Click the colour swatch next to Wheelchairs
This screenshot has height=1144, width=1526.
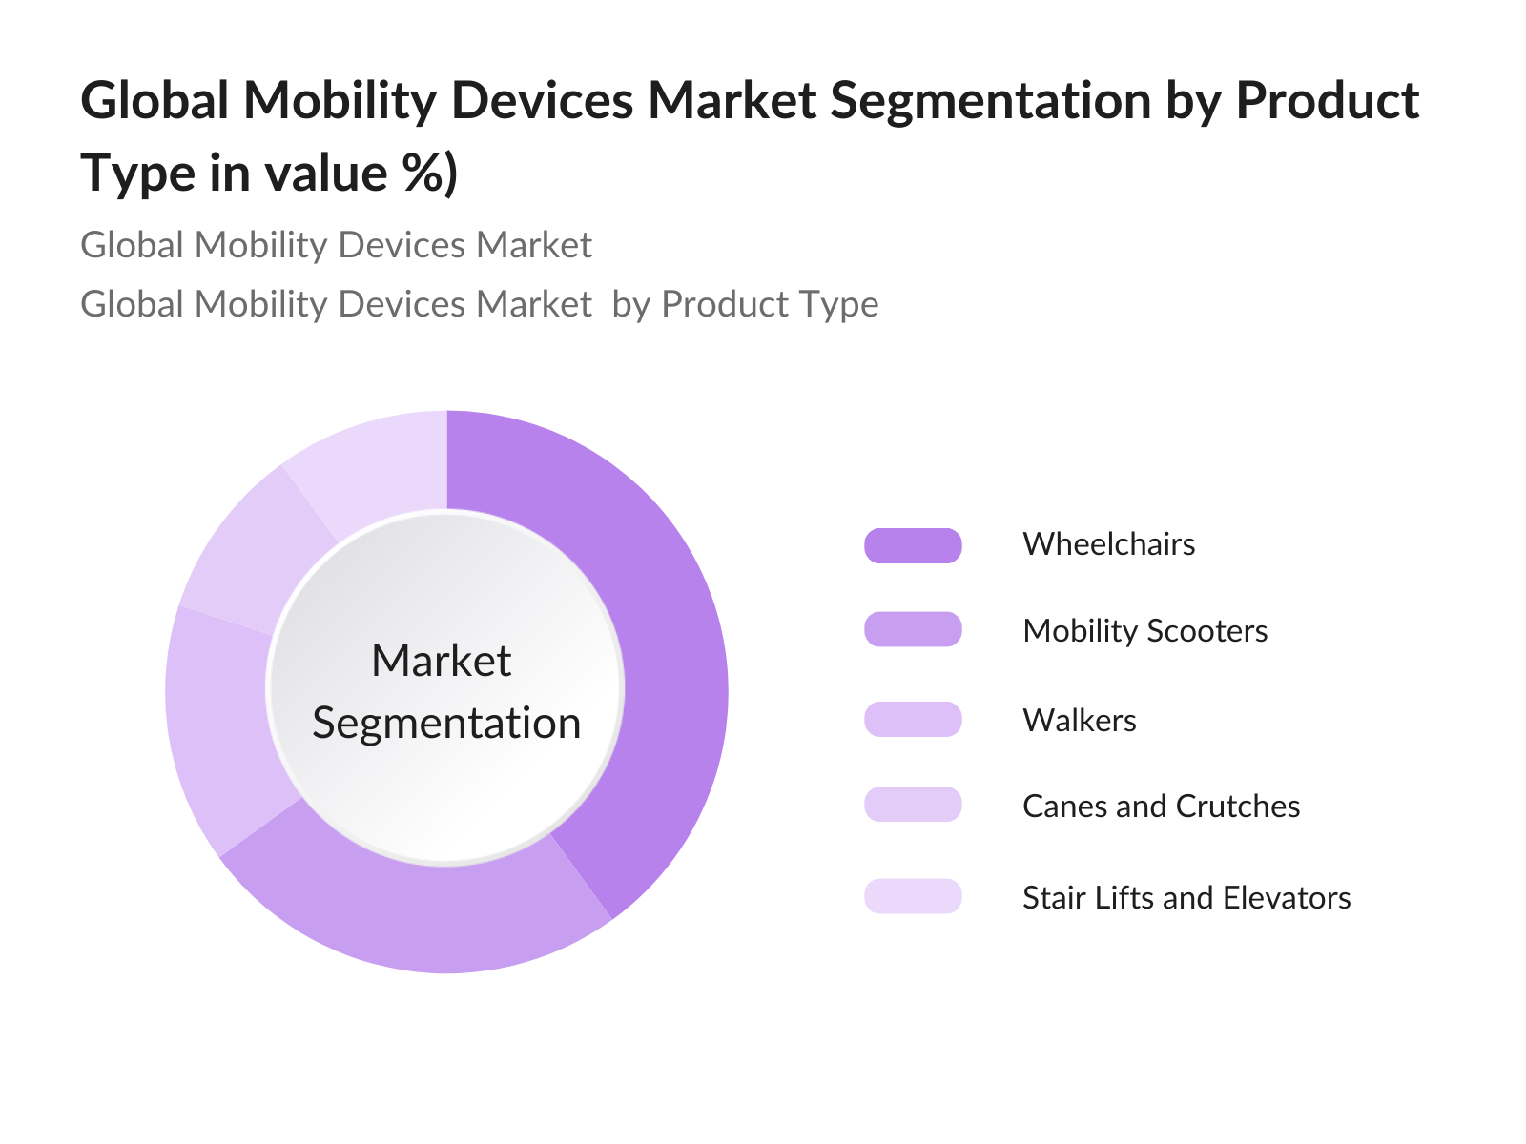(x=913, y=545)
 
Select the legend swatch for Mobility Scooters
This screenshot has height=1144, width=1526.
(x=913, y=630)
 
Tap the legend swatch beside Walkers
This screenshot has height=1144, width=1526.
(x=913, y=719)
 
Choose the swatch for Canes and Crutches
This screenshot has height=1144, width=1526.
(x=913, y=805)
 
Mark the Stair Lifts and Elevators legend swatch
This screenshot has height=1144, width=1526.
(x=913, y=896)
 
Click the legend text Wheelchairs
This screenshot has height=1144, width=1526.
(x=1108, y=544)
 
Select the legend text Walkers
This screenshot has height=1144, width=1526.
(x=1079, y=720)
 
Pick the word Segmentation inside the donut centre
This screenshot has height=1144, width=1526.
(x=446, y=724)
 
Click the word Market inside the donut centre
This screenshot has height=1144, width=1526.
(x=442, y=661)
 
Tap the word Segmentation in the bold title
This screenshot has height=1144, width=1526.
(x=990, y=100)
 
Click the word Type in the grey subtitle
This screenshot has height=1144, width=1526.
(x=840, y=304)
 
